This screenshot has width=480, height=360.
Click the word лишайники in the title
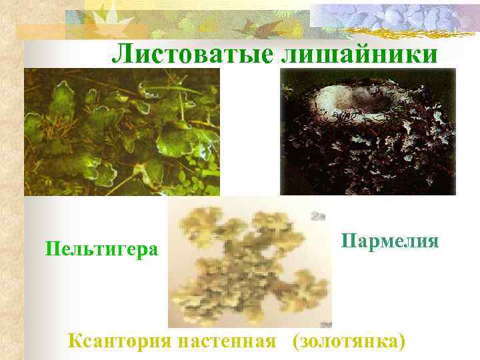(x=361, y=53)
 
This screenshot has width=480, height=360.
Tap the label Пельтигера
(x=102, y=249)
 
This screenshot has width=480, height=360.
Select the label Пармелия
(x=390, y=240)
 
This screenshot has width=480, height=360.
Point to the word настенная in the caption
(x=227, y=341)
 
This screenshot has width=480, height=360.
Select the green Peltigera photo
(x=122, y=131)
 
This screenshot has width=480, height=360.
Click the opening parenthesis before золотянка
(x=294, y=341)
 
